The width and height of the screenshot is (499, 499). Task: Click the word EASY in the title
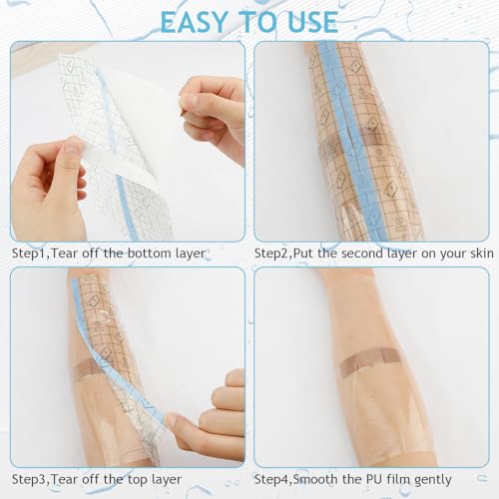point(194,22)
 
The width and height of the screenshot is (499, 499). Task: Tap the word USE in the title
point(313,22)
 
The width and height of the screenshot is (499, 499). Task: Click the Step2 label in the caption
point(272,253)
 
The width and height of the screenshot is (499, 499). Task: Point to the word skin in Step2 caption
point(482,253)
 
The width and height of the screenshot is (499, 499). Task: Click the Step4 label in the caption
point(272,480)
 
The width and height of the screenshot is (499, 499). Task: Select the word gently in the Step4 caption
point(433,480)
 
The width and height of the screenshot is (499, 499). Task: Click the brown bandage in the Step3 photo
point(83,370)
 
